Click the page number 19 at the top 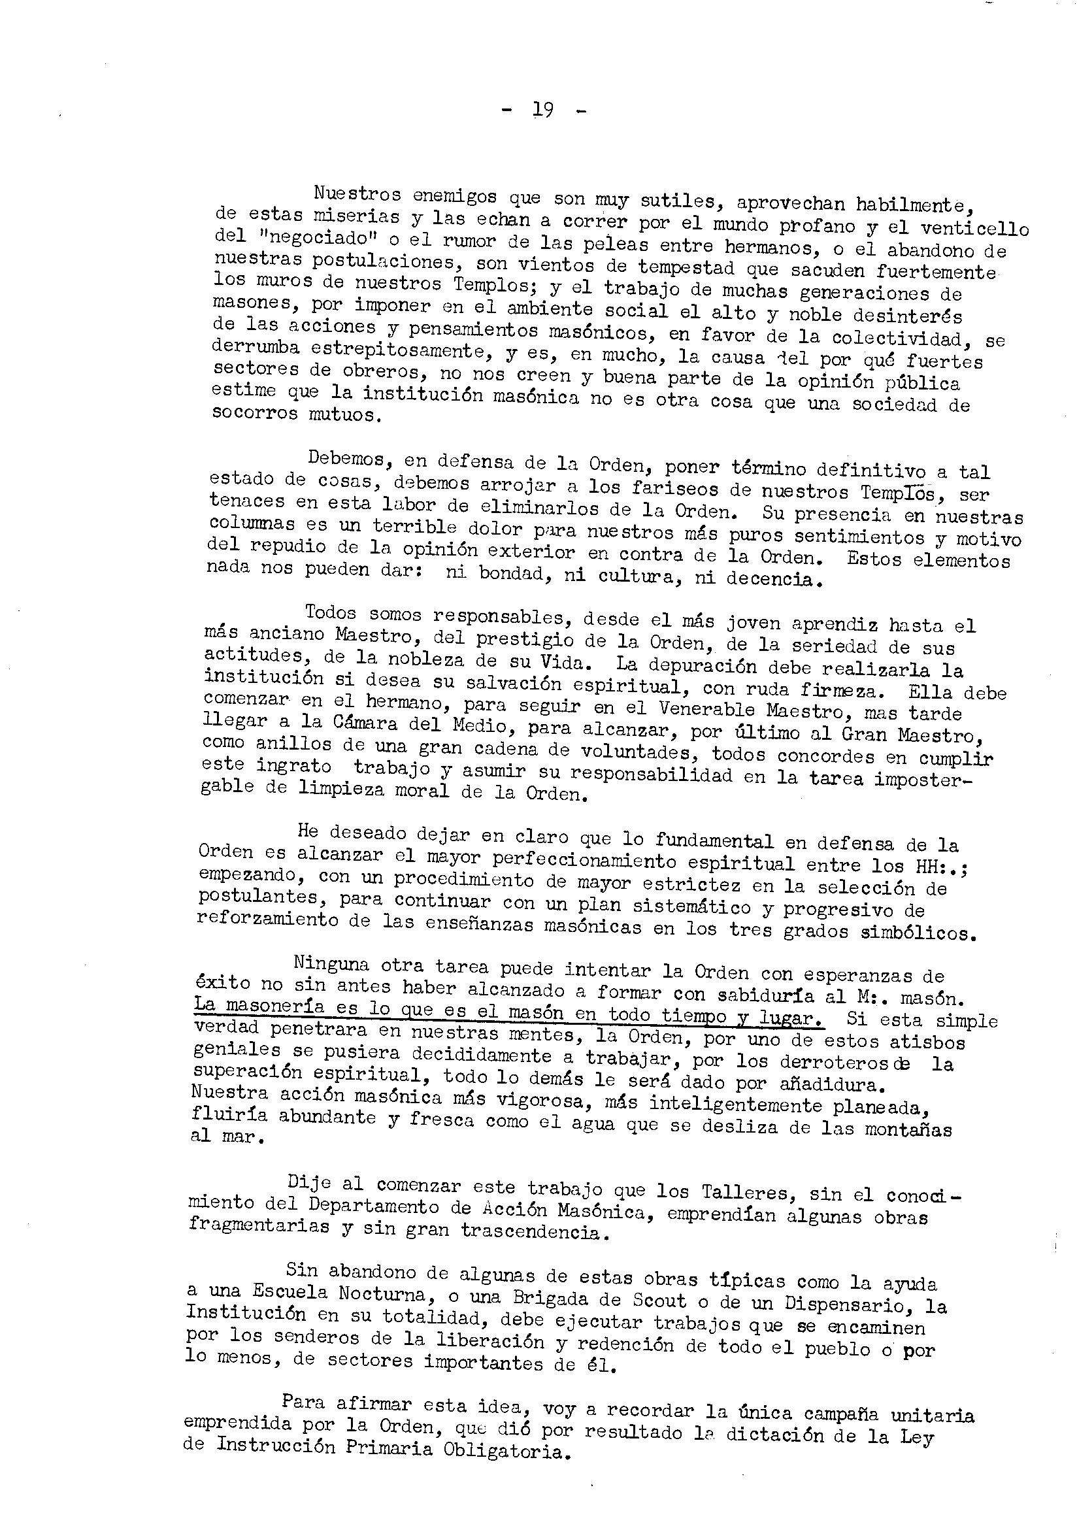(x=543, y=109)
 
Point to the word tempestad (x=686, y=267)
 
